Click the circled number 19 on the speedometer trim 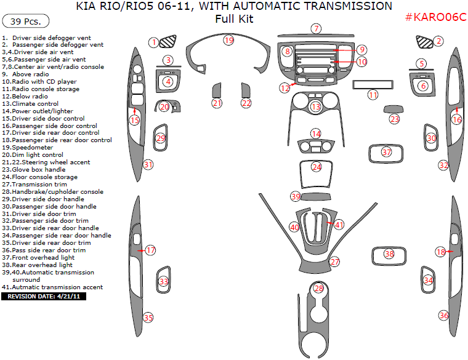(228, 41)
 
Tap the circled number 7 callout (316, 28)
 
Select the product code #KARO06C (435, 17)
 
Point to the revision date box (44, 296)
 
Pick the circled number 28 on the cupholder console (318, 288)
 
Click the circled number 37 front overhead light (387, 152)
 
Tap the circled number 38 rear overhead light (389, 254)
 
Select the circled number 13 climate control (316, 107)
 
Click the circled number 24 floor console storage (317, 167)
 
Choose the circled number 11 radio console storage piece (373, 95)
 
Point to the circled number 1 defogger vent (153, 42)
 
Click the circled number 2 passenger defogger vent (438, 41)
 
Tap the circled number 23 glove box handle (395, 119)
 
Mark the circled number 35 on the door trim (148, 318)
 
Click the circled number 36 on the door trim (444, 315)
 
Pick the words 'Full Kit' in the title (234, 19)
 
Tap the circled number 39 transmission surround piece (296, 196)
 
